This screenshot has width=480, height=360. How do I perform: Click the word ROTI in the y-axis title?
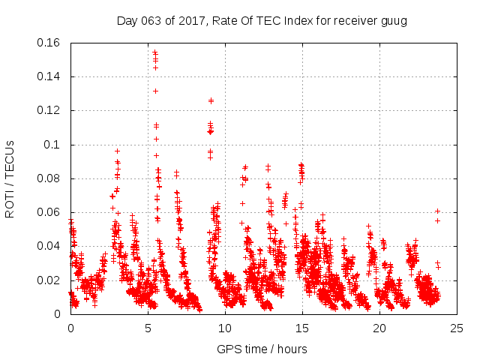point(10,204)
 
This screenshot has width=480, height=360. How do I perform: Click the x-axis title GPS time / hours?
point(262,349)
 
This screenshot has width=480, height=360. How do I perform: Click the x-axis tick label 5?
point(148,328)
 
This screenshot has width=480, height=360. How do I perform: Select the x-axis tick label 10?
point(225,328)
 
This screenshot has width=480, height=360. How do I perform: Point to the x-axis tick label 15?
point(302,328)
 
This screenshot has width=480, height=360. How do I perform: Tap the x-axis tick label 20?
point(379,328)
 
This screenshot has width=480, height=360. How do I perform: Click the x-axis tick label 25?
point(457,328)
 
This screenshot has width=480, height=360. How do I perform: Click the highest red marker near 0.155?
point(154,52)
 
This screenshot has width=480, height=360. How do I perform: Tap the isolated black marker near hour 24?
point(437,211)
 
